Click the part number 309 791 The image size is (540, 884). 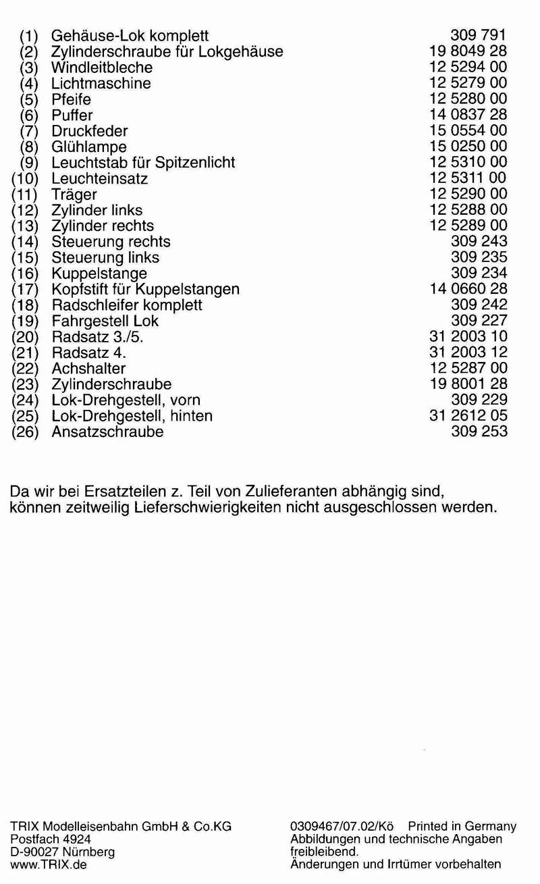point(479,36)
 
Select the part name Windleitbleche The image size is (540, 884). point(102,68)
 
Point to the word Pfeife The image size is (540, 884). point(71,99)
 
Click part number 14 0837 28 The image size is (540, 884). point(468,115)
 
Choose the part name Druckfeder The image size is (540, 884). point(89,131)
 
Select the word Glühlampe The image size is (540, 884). point(88,147)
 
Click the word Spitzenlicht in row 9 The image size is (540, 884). point(195,163)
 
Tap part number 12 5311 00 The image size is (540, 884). point(468,178)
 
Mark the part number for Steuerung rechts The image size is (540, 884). point(479,241)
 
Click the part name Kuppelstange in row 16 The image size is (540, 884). point(99,274)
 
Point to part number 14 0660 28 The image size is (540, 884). point(468,289)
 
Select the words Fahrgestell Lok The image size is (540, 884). point(105,321)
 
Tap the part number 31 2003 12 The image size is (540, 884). point(468,352)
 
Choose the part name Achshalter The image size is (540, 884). point(88,369)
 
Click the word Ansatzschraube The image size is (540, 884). point(107,432)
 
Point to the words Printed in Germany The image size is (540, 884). point(462,827)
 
